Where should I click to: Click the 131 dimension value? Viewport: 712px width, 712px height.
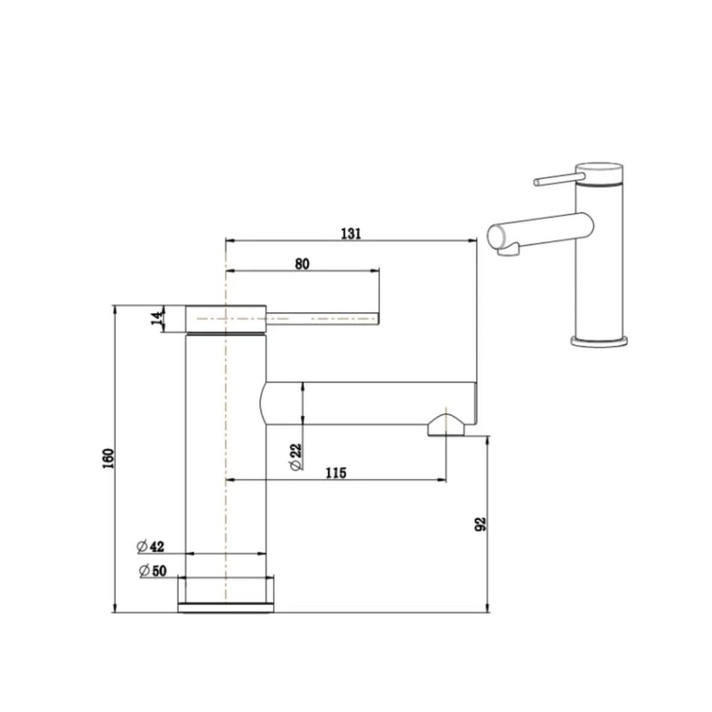351,233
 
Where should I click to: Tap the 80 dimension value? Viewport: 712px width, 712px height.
302,264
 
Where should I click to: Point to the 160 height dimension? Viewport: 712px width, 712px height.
107,459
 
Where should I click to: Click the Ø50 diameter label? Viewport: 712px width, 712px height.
152,571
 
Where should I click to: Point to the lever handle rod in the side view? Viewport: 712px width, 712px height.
323,319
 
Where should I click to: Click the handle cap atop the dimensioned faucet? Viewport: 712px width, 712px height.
226,319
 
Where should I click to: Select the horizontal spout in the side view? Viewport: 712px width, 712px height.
368,403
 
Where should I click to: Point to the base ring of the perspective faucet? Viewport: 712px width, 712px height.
599,342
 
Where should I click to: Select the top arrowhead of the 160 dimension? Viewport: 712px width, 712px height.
114,309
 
